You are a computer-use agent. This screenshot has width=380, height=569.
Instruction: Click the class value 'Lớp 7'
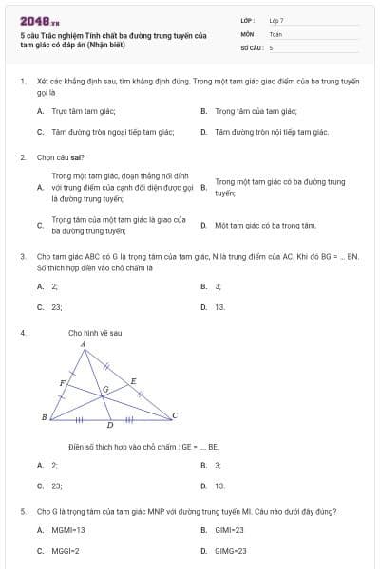pos(276,20)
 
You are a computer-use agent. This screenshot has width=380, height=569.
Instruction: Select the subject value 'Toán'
pos(275,33)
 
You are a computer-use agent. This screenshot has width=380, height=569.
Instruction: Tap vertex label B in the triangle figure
pos(45,416)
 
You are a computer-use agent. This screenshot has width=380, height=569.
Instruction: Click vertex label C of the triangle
pos(175,415)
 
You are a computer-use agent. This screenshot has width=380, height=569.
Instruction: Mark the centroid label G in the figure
pos(105,389)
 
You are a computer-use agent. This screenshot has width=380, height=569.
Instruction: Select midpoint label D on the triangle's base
pos(110,426)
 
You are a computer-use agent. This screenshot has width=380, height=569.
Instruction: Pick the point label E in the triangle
pos(133,380)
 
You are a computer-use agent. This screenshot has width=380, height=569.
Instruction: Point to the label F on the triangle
pos(63,382)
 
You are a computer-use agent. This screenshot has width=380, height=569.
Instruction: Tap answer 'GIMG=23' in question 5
pos(231,550)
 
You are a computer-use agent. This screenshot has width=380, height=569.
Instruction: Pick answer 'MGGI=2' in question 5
pos(65,550)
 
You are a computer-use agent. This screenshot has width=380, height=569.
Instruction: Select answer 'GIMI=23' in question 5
pos(229,530)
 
